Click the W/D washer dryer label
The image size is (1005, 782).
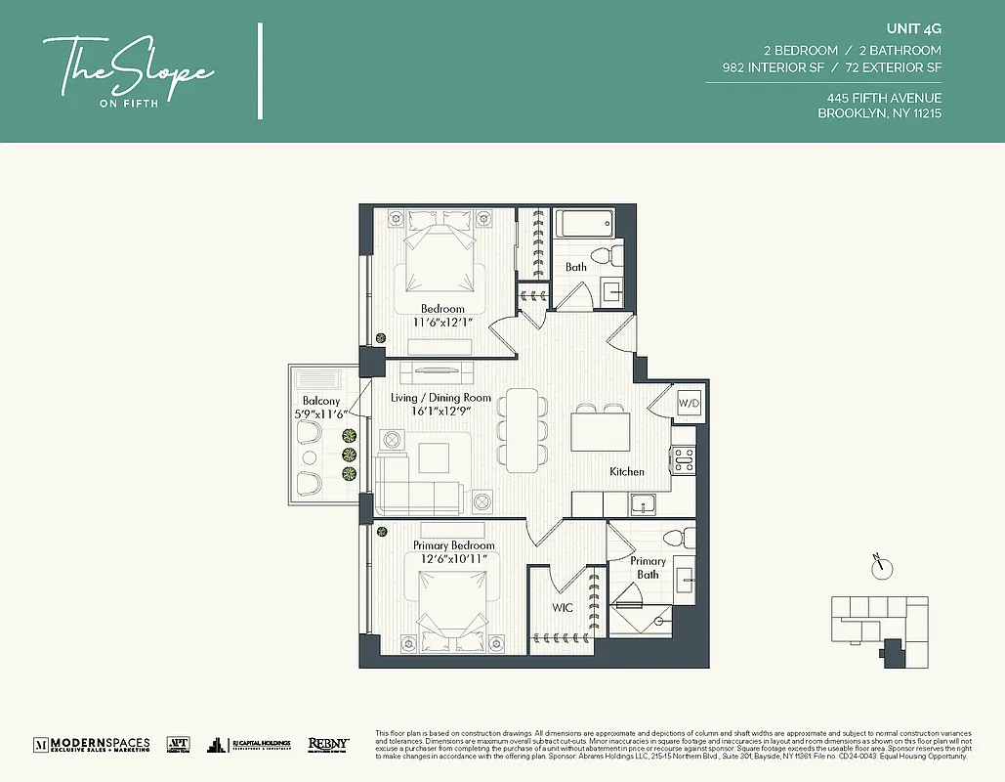(x=689, y=403)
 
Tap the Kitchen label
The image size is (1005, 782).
(x=627, y=471)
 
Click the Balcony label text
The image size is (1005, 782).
(x=321, y=401)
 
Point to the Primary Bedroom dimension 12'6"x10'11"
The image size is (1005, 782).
(x=454, y=558)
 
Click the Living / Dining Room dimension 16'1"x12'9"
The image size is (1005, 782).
(x=428, y=412)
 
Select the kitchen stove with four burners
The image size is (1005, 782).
(x=683, y=459)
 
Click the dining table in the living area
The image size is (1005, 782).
(x=521, y=428)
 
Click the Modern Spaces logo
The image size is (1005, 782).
(x=92, y=744)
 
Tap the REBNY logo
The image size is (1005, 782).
(x=328, y=744)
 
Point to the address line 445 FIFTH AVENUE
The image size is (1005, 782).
(x=884, y=98)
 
